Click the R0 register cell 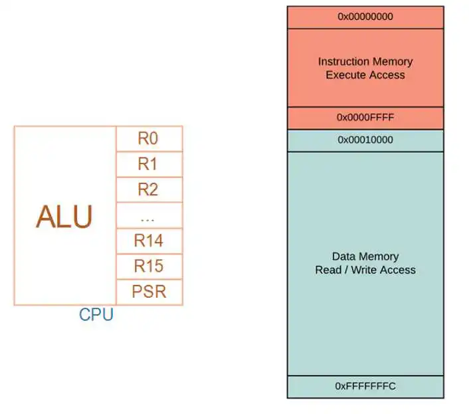(149, 139)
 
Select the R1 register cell (149, 164)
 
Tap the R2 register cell (149, 189)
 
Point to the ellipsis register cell (149, 215)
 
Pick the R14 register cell (149, 241)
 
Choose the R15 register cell (149, 266)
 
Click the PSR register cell (149, 292)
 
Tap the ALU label (64, 217)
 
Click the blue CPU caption (96, 314)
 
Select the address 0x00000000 (365, 17)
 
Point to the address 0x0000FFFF (365, 117)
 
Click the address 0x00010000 (365, 140)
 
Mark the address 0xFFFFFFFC (365, 386)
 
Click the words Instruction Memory (365, 62)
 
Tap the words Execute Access (365, 75)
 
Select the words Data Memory (365, 257)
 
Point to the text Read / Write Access (365, 270)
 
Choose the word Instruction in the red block (339, 62)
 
